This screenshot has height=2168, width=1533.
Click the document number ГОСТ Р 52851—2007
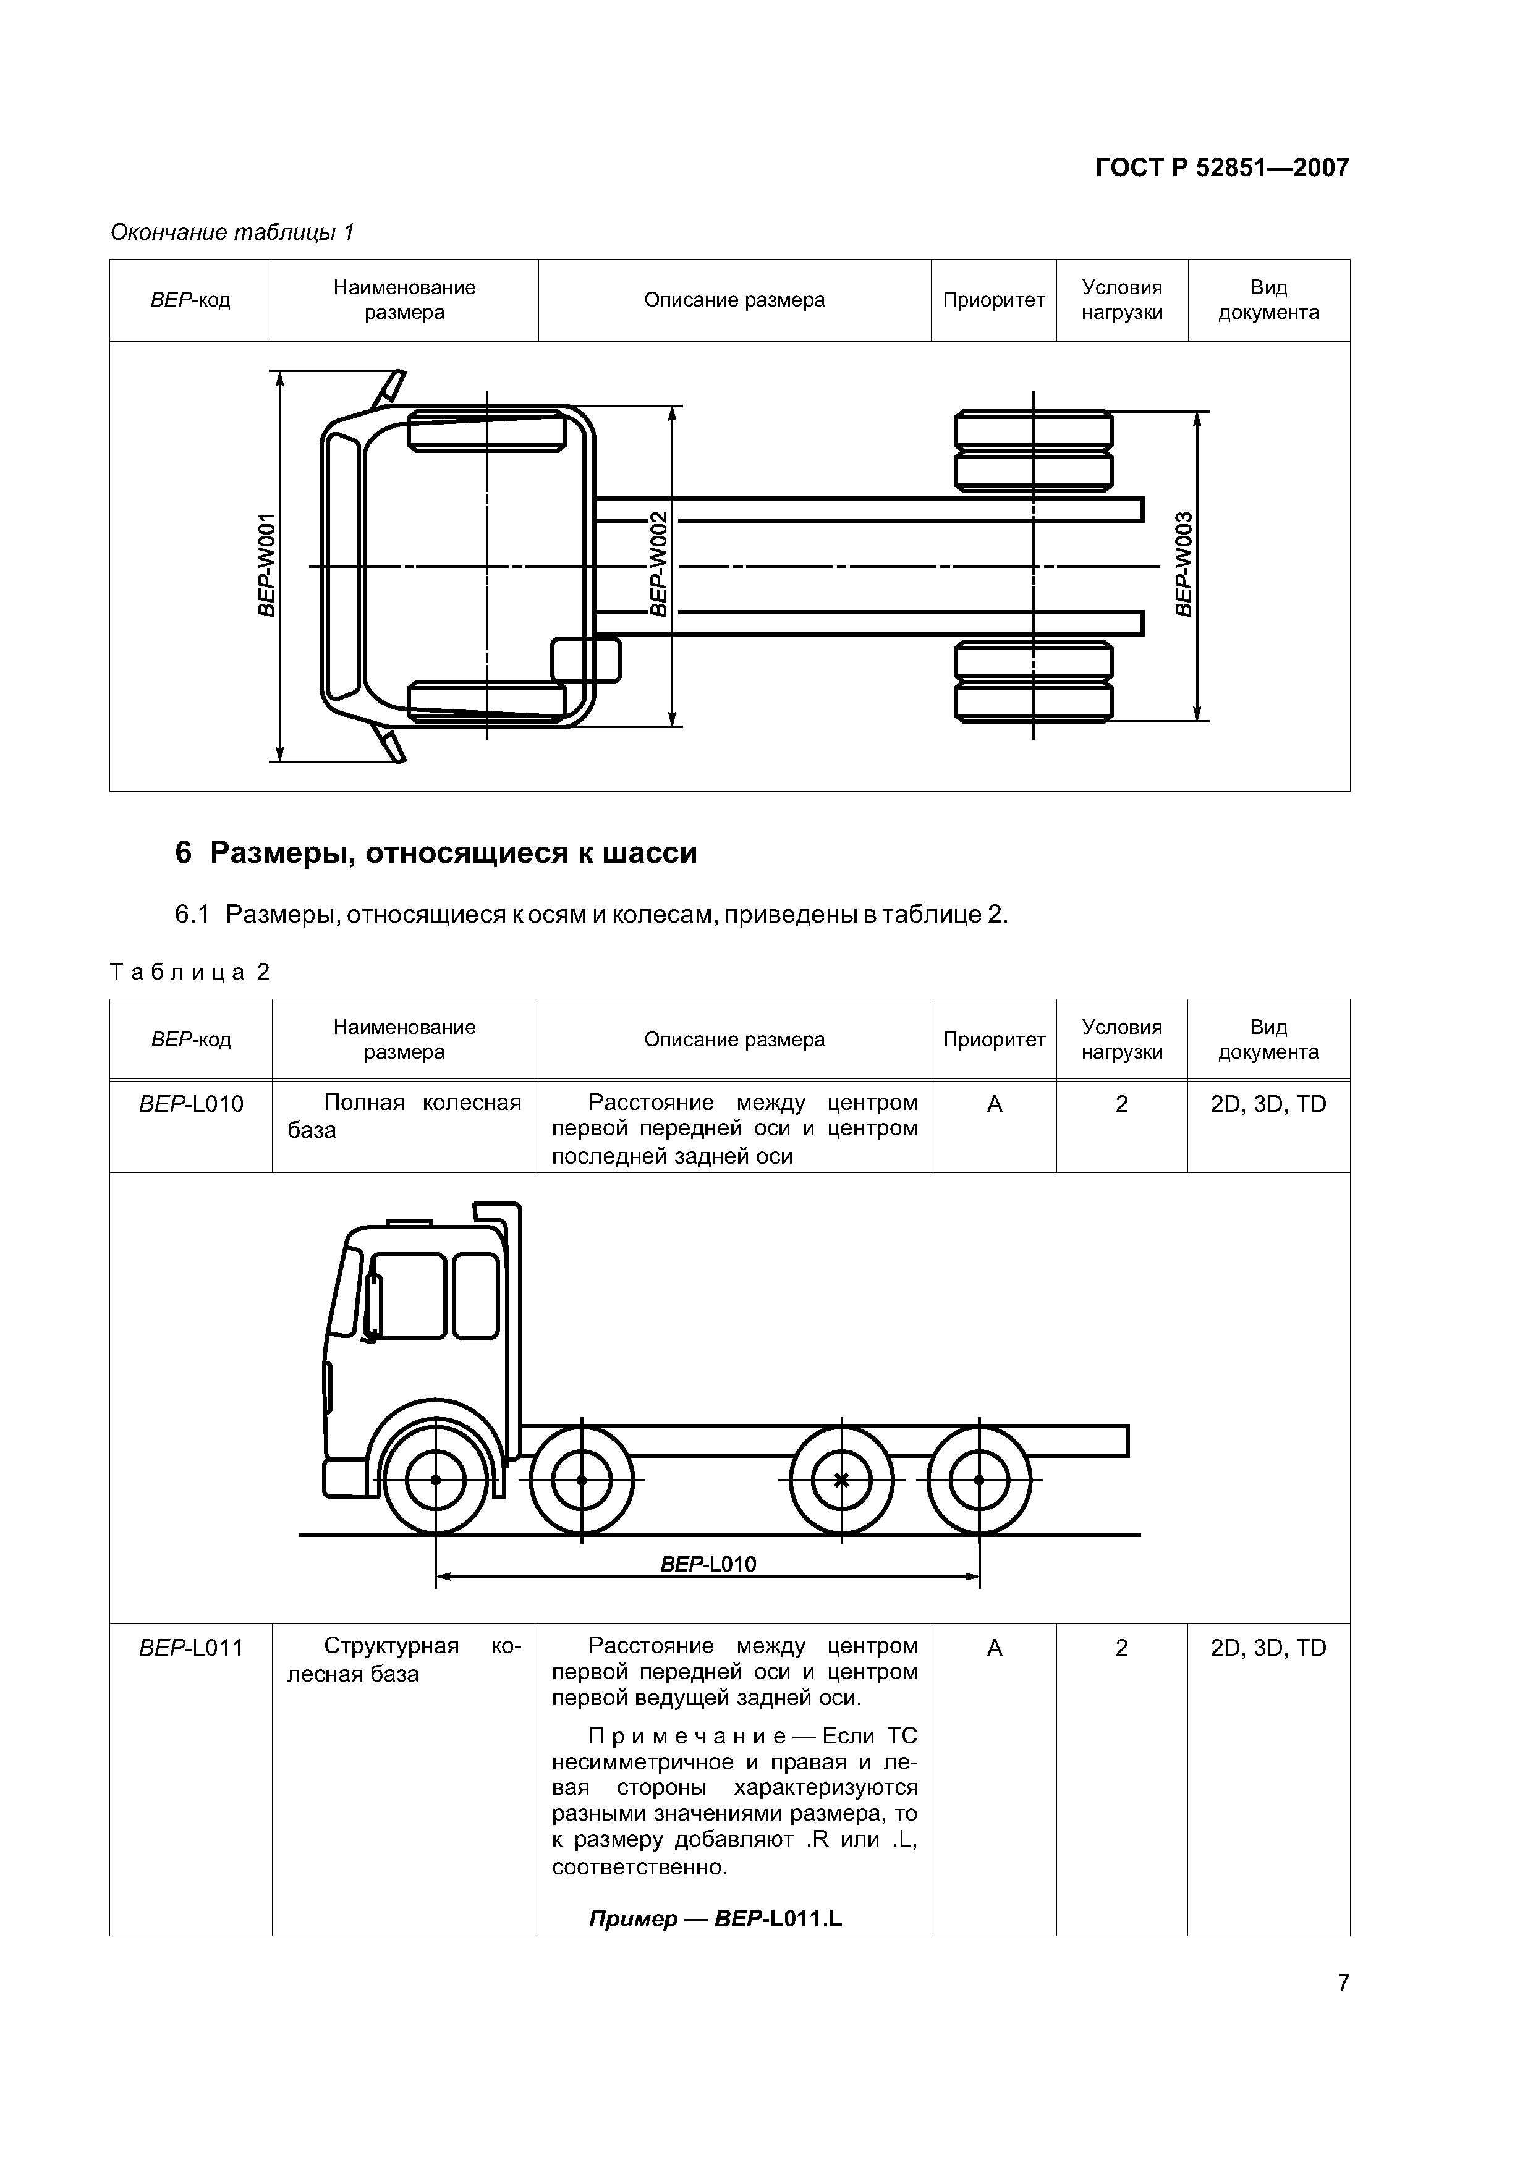tap(1221, 168)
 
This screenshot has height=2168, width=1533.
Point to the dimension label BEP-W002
tap(658, 565)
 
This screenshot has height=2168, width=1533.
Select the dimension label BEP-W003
tap(1184, 565)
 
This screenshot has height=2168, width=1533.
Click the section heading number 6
tap(183, 853)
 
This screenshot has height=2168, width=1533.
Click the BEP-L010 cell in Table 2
tap(191, 1103)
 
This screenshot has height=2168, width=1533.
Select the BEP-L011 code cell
tap(191, 1648)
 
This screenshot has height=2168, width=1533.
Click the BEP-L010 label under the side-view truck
tap(708, 1564)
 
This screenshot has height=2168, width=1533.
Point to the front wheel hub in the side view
tap(435, 1480)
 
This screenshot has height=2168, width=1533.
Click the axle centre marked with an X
tap(841, 1480)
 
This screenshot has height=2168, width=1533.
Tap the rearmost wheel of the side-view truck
tap(980, 1480)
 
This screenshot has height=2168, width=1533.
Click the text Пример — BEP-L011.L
tap(715, 1919)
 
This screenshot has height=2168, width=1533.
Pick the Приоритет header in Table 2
tap(993, 1039)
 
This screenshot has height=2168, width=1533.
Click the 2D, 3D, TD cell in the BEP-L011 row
tap(1268, 1648)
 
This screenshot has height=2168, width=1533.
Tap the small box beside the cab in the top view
tap(585, 659)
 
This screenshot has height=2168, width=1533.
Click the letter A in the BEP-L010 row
tap(993, 1103)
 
